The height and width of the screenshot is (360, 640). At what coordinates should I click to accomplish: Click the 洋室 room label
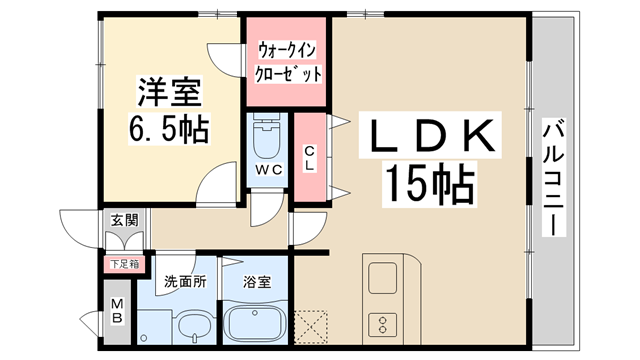pos(170,95)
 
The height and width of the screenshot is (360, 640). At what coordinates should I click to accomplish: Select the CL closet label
pos(309,158)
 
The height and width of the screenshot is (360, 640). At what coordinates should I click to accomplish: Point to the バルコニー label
pos(553,176)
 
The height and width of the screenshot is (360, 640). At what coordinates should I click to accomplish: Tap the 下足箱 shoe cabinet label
pos(124,264)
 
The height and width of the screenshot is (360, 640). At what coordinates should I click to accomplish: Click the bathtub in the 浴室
pos(255,322)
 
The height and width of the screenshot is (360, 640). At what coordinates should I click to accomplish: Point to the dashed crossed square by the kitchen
pos(312,325)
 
